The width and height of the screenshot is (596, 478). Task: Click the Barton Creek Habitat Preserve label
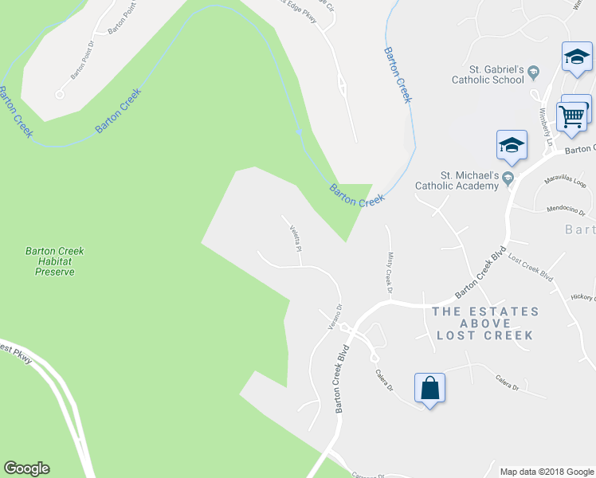(54, 261)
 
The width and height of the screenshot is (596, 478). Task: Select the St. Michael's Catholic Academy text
(457, 180)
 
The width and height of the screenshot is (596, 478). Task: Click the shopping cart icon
(572, 116)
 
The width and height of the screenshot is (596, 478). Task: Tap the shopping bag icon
(429, 388)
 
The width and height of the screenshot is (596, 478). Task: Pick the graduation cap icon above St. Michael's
(512, 145)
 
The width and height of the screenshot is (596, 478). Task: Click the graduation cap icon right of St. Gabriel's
(576, 57)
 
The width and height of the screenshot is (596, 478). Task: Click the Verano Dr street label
(335, 318)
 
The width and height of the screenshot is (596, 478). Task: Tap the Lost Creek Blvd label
(530, 268)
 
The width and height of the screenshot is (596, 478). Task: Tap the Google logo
(26, 468)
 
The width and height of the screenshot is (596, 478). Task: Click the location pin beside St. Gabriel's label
(534, 74)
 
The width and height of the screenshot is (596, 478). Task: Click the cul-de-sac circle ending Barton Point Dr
(59, 94)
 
